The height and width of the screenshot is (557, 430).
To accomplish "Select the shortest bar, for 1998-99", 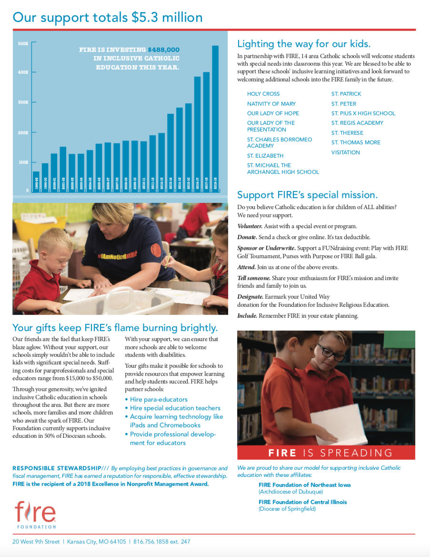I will (x=36, y=181).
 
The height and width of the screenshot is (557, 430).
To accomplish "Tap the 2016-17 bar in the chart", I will (x=197, y=133).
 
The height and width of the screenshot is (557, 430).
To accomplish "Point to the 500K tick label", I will (x=23, y=44).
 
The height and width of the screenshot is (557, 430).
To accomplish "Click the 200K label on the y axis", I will (x=23, y=132).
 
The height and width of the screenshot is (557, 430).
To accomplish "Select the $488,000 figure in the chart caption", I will (x=163, y=49).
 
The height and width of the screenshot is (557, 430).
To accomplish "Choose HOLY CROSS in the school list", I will (x=263, y=94).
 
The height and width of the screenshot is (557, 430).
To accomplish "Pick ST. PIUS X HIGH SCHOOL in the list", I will (x=363, y=113).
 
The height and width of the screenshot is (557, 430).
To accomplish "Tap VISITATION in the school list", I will (x=345, y=152).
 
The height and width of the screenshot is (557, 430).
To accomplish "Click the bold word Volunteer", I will (x=250, y=226).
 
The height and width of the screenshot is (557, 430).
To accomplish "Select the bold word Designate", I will (x=250, y=297).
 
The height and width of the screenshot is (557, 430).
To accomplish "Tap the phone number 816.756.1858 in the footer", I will (x=156, y=542).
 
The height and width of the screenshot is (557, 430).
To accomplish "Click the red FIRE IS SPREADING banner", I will (x=326, y=453).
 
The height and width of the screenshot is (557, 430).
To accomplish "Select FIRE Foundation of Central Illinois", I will (x=302, y=502).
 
